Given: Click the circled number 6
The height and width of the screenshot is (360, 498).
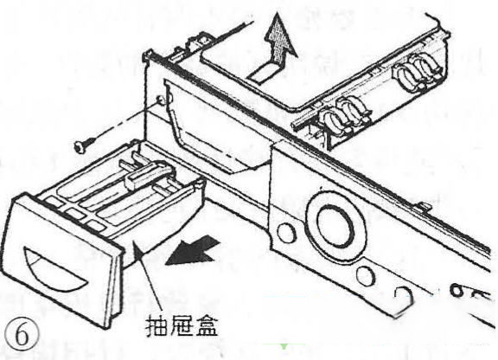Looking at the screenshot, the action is tap(22, 336).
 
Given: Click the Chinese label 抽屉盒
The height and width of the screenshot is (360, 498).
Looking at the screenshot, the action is tap(182, 325).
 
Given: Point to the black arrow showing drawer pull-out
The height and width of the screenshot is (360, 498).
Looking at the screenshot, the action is tap(193, 251).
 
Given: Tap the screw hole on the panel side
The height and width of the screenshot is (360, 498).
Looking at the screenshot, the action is tap(161, 101).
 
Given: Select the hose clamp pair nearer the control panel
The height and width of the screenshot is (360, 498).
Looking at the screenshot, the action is tap(345, 117).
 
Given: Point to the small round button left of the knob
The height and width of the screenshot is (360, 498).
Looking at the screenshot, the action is tap(286, 232).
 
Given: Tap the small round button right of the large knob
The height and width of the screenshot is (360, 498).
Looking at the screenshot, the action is tap(365, 275).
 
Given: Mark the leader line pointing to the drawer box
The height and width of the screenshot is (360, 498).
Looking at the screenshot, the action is tap(149, 275).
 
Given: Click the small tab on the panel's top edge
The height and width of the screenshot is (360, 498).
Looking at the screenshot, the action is tap(424, 207).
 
